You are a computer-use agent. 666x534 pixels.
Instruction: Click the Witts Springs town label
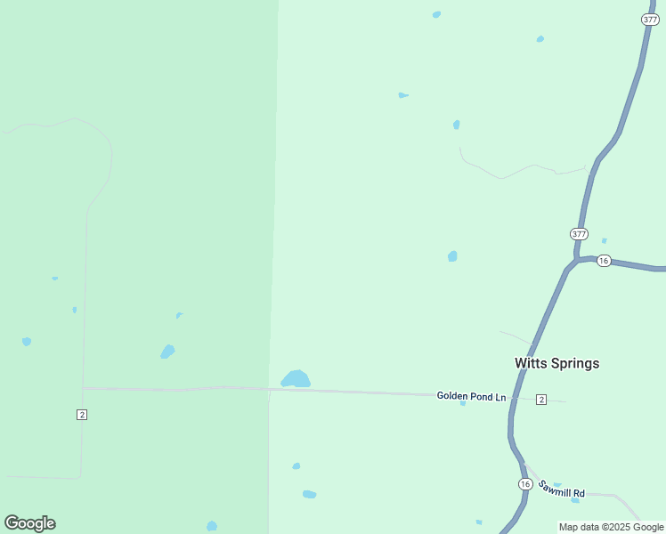pos(556,363)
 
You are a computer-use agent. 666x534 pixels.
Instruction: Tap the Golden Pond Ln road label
pos(471,396)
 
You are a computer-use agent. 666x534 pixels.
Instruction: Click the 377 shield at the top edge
pos(650,19)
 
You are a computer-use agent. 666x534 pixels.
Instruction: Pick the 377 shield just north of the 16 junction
pos(580,234)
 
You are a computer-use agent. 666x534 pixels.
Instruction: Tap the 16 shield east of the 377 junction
pos(604,261)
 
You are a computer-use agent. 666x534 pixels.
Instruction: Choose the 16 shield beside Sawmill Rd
pos(525,484)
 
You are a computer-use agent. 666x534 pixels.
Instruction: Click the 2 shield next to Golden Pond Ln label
pos(541,400)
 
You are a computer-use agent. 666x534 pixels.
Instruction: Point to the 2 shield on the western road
pos(82,415)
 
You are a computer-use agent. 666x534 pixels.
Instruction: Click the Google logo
pos(29,523)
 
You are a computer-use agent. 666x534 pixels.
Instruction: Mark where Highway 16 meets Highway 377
pos(576,260)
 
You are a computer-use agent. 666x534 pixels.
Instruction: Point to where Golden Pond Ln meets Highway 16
pos(515,397)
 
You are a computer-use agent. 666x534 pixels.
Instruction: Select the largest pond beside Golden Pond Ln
pos(296,380)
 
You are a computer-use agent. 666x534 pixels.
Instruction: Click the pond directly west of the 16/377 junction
pos(452,256)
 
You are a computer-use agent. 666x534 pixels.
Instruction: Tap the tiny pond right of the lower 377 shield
pos(605,240)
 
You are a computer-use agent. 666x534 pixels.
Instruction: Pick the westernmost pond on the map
pos(27,341)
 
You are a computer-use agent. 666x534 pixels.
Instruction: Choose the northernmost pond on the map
pos(436,14)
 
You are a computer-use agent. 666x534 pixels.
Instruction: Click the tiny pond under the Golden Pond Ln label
pos(463,403)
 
